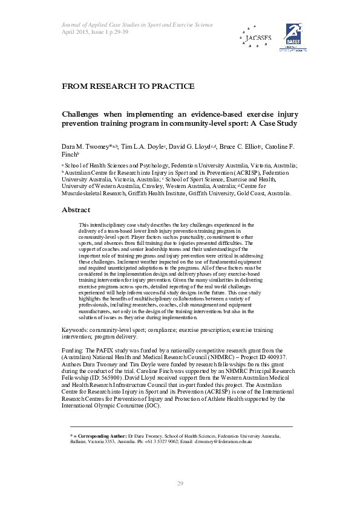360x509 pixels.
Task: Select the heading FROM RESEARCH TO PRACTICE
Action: [x=128, y=86]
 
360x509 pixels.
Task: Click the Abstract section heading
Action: [x=76, y=210]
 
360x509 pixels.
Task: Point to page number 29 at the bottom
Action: [x=180, y=482]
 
